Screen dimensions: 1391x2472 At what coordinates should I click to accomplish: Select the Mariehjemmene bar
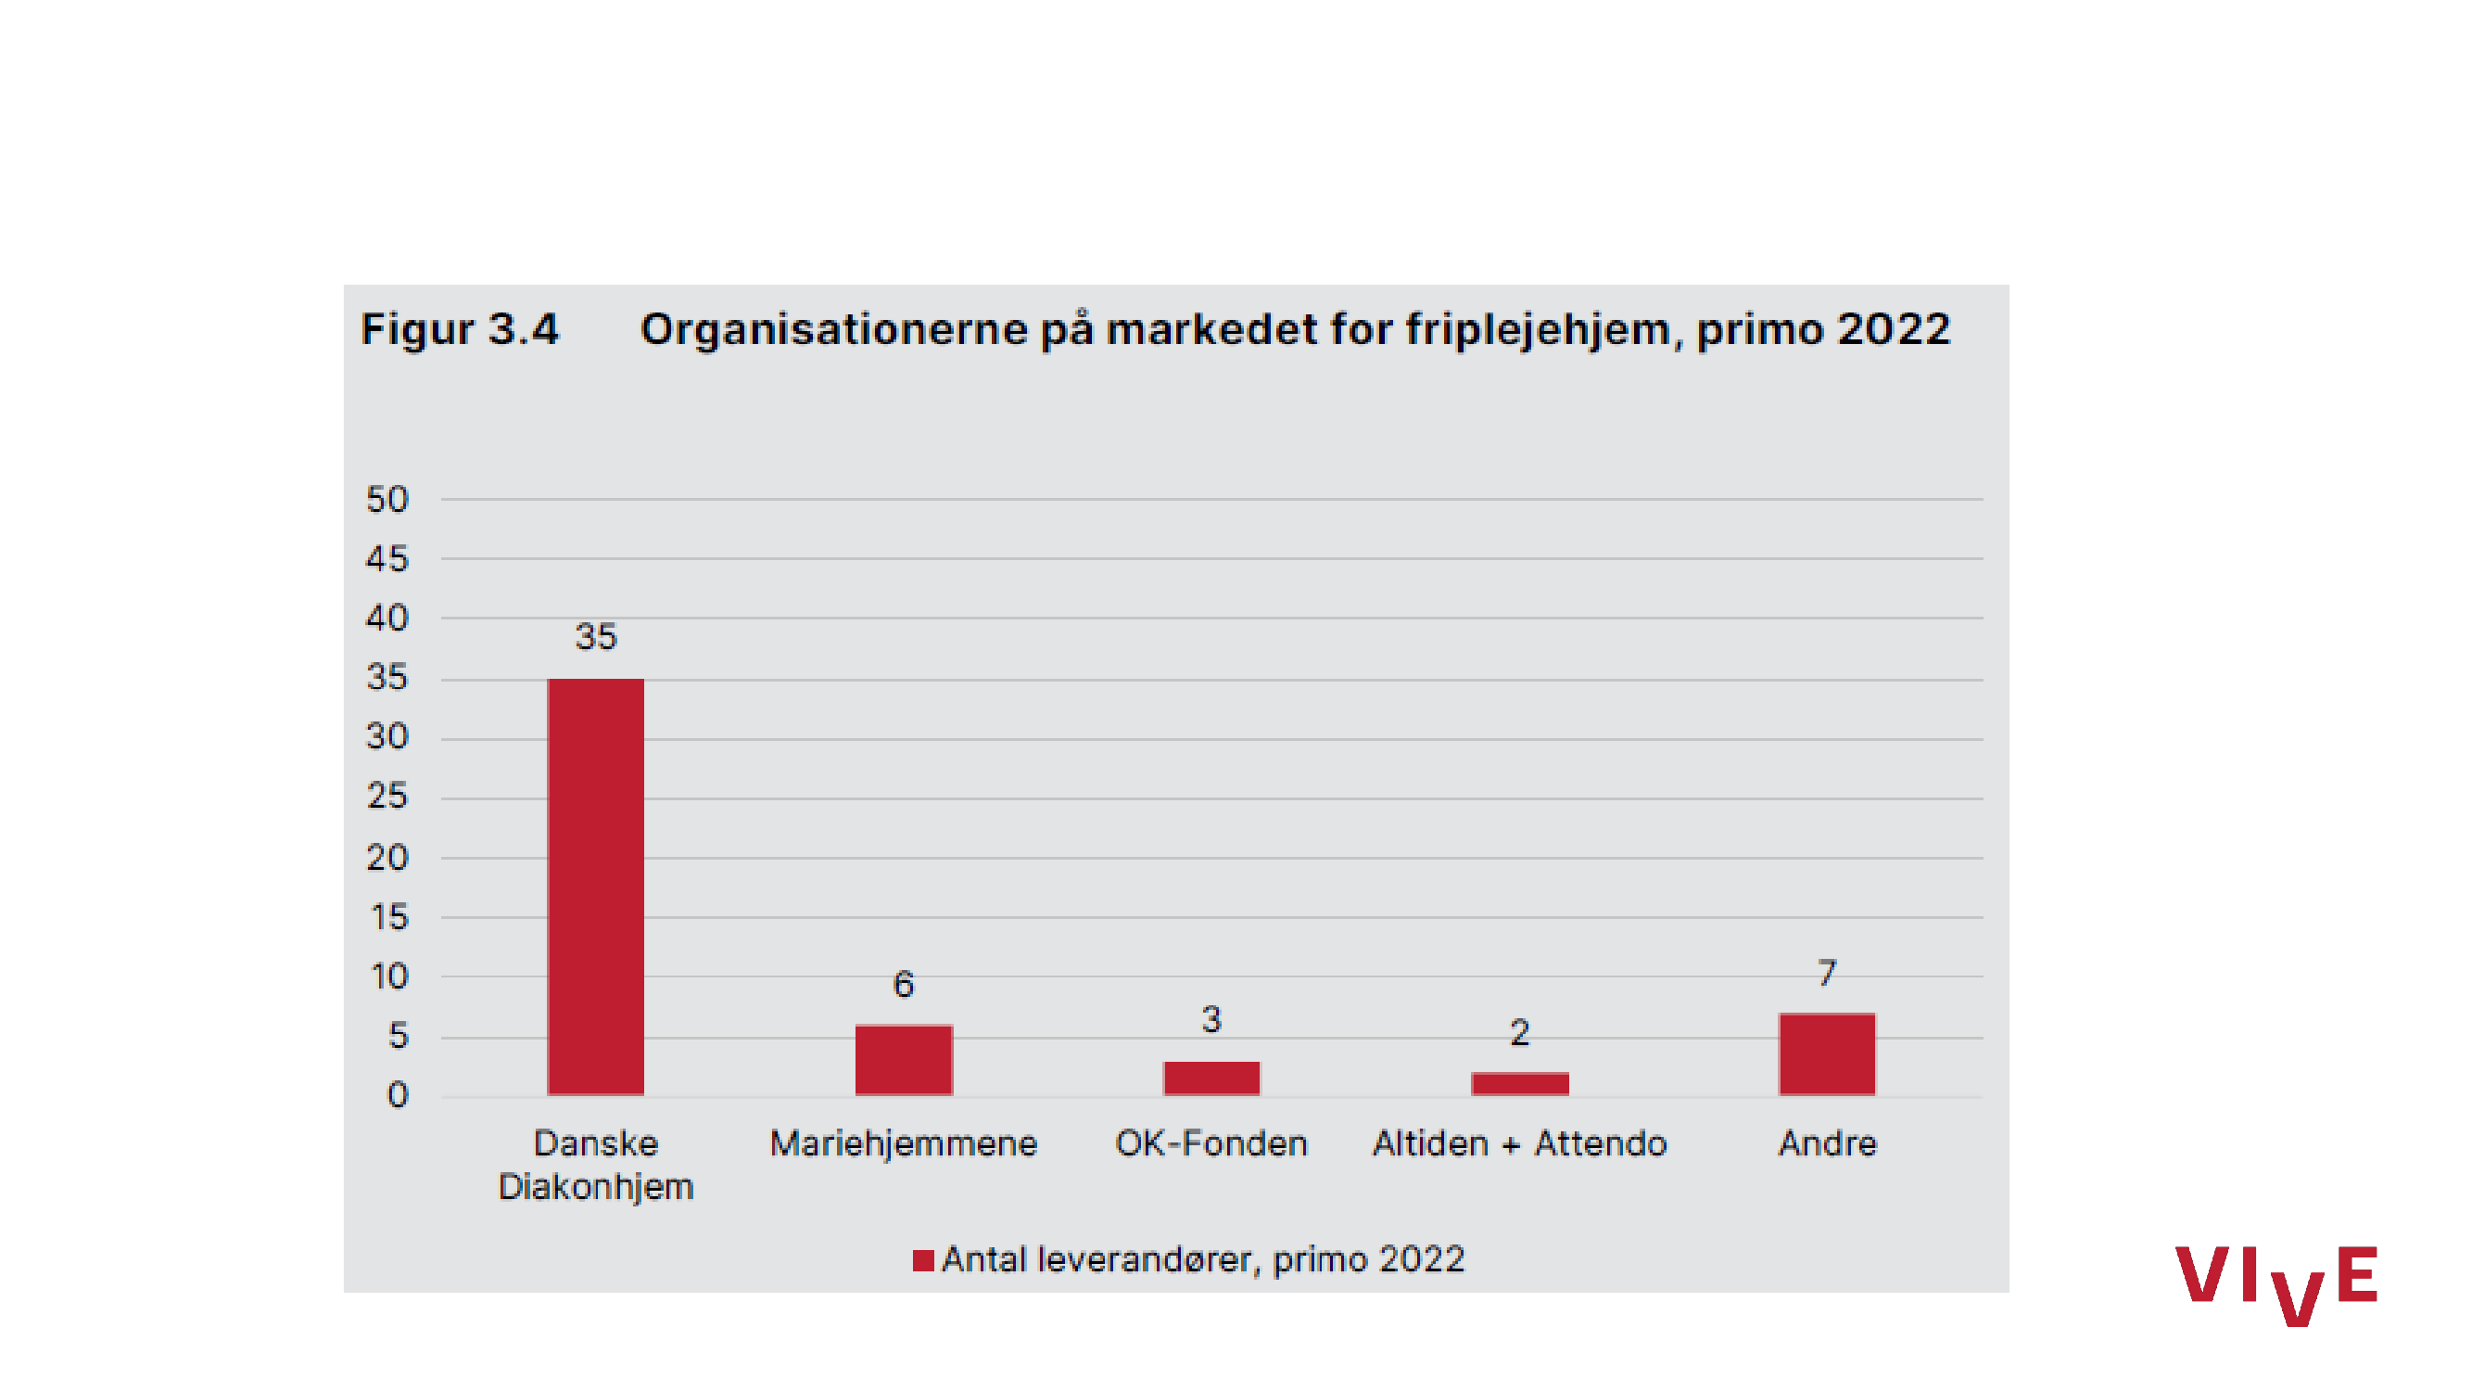click(903, 1060)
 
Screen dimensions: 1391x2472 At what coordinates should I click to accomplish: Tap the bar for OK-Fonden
click(1211, 1078)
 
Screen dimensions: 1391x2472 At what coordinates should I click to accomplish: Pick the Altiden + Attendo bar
click(1519, 1084)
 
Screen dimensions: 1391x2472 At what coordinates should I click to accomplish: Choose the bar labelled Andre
click(1826, 1054)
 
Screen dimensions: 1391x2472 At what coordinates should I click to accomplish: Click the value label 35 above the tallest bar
click(595, 636)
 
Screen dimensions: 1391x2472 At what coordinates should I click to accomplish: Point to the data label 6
click(903, 985)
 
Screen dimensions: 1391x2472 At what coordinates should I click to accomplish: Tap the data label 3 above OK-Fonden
click(1211, 1019)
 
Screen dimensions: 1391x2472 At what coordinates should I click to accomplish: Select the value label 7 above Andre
click(1826, 974)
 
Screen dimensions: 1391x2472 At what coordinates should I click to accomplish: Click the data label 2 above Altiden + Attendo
click(1519, 1033)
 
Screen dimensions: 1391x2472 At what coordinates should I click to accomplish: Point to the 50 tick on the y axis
click(387, 499)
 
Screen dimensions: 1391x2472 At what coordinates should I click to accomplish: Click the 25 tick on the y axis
click(387, 796)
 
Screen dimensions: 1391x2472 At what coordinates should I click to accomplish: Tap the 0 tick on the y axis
click(398, 1095)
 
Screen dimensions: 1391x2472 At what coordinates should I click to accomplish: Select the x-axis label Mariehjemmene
click(903, 1143)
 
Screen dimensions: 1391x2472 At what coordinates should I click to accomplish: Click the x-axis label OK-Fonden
click(1211, 1143)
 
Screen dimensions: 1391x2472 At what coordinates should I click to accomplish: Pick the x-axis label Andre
click(1826, 1143)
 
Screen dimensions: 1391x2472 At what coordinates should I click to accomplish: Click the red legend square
click(923, 1260)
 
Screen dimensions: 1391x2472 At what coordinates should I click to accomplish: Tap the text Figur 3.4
click(459, 329)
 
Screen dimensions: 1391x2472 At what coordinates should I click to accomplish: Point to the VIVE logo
click(2276, 1283)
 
